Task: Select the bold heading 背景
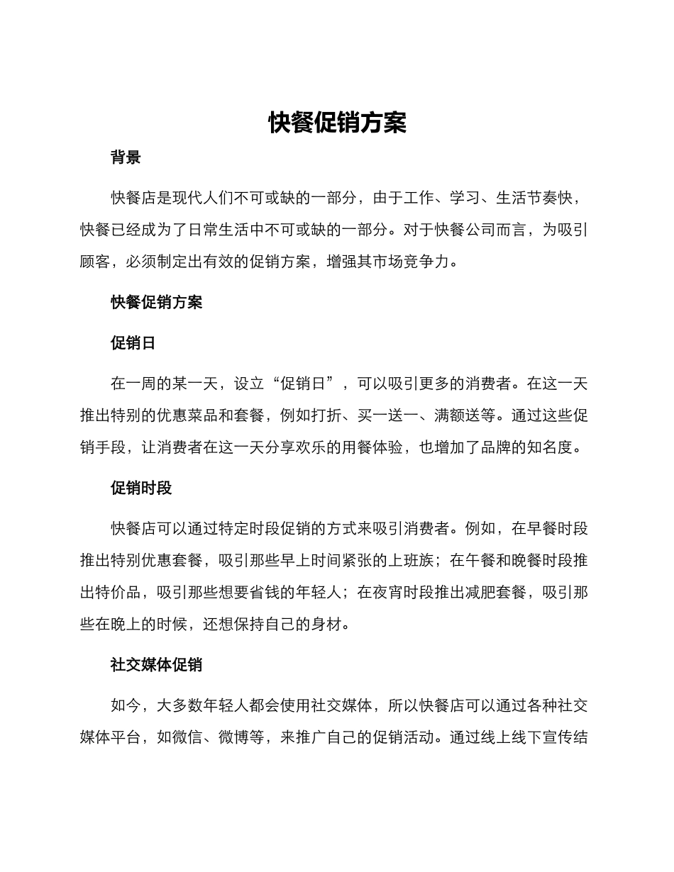pos(126,157)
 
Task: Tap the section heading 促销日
pos(133,343)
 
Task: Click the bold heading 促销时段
pos(140,488)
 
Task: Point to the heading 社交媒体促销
pos(156,664)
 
